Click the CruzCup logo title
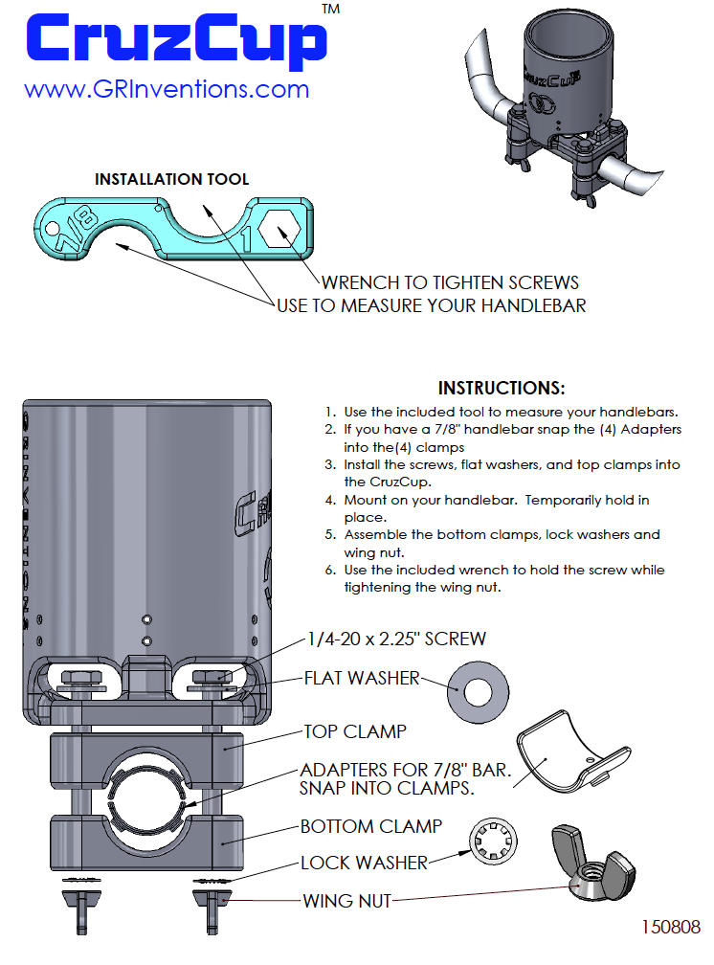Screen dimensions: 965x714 pyautogui.click(x=173, y=40)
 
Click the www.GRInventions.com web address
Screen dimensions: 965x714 pyautogui.click(x=167, y=89)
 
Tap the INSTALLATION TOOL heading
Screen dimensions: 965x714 pyautogui.click(x=172, y=179)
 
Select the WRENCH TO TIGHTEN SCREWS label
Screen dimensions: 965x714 pyautogui.click(x=450, y=282)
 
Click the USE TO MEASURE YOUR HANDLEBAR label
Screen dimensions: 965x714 pyautogui.click(x=431, y=305)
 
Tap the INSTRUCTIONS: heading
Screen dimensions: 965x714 pyautogui.click(x=502, y=388)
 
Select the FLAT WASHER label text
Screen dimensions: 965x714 pyautogui.click(x=362, y=679)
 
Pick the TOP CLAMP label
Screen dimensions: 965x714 pyautogui.click(x=355, y=731)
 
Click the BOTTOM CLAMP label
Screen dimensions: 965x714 pyautogui.click(x=371, y=826)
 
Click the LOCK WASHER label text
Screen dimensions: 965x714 pyautogui.click(x=364, y=863)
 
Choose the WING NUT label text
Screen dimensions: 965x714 pyautogui.click(x=347, y=900)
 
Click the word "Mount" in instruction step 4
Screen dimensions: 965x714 pyautogui.click(x=367, y=500)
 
